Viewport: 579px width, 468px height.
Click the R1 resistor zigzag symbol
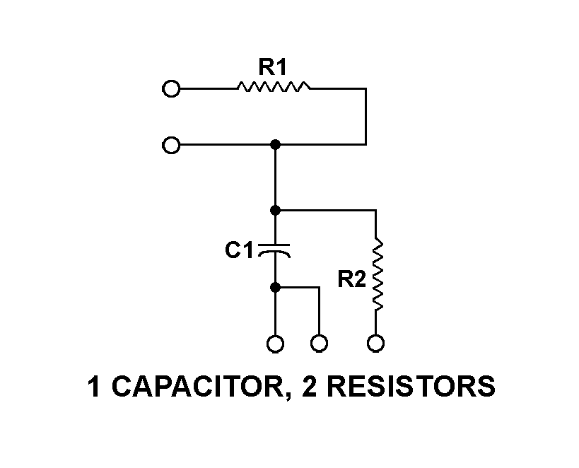274,88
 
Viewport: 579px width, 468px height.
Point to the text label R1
272,69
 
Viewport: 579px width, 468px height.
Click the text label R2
351,279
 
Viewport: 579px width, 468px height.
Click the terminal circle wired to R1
170,89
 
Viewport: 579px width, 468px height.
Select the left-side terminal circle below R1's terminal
170,146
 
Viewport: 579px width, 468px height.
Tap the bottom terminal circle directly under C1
276,344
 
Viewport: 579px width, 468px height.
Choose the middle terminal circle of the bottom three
320,344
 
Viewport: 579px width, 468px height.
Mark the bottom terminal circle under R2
376,344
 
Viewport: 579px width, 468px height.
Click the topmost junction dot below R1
276,145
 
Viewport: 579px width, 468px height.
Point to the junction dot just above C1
276,210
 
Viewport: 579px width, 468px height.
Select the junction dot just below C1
276,288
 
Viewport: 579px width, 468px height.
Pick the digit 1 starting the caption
93,388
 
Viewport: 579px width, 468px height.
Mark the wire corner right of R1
365,89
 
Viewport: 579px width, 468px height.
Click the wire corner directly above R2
375,210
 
